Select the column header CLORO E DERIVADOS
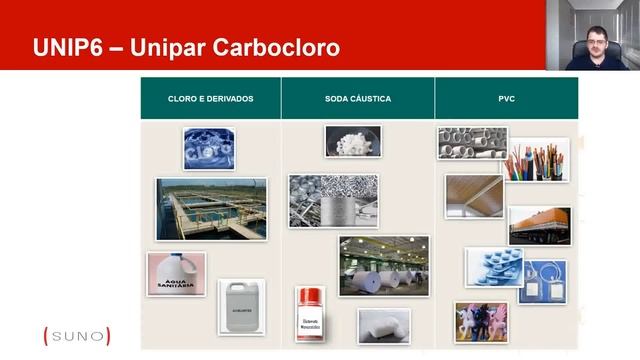tap(210, 99)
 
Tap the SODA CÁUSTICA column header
tap(357, 99)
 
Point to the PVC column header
tap(506, 99)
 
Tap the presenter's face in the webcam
tap(597, 41)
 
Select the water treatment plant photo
tap(211, 208)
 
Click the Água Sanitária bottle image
tap(176, 273)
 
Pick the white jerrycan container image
tap(241, 306)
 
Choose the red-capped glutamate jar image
tap(311, 313)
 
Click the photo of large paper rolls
tap(384, 265)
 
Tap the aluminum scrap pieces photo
tap(333, 201)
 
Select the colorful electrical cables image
tap(536, 160)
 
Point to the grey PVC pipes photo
tap(472, 143)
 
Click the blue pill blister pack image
tap(493, 267)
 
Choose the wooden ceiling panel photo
tap(474, 196)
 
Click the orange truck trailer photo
tap(539, 226)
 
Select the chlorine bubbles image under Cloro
tap(209, 148)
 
